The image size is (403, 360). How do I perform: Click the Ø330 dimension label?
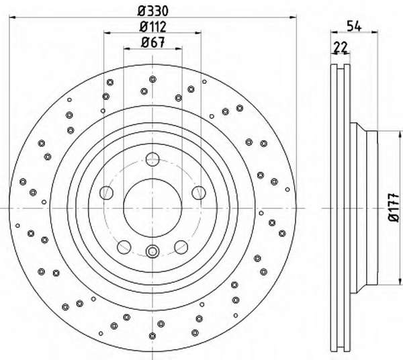pyautogui.click(x=153, y=11)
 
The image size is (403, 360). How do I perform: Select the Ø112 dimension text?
pyautogui.click(x=153, y=27)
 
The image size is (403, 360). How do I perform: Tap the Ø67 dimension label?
pyautogui.click(x=153, y=42)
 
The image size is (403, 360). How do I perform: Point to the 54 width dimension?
pyautogui.click(x=354, y=26)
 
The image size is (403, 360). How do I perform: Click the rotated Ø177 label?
pyautogui.click(x=394, y=208)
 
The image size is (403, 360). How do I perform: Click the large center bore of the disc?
pyautogui.click(x=152, y=208)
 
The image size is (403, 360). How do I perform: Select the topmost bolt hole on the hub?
pyautogui.click(x=152, y=159)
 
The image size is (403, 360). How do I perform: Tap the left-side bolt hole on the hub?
pyautogui.click(x=106, y=193)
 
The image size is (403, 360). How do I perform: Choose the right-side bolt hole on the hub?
pyautogui.click(x=199, y=193)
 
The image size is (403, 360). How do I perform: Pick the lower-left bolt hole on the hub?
pyautogui.click(x=124, y=247)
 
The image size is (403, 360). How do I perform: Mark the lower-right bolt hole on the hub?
pyautogui.click(x=181, y=247)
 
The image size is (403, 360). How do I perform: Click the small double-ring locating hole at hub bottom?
pyautogui.click(x=152, y=251)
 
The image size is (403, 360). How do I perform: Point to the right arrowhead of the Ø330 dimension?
pyautogui.click(x=293, y=17)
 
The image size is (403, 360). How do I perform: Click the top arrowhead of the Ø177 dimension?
pyautogui.click(x=400, y=134)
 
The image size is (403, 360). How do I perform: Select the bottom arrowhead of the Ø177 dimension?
pyautogui.click(x=400, y=281)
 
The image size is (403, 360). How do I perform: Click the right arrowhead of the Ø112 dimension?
pyautogui.click(x=197, y=33)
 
